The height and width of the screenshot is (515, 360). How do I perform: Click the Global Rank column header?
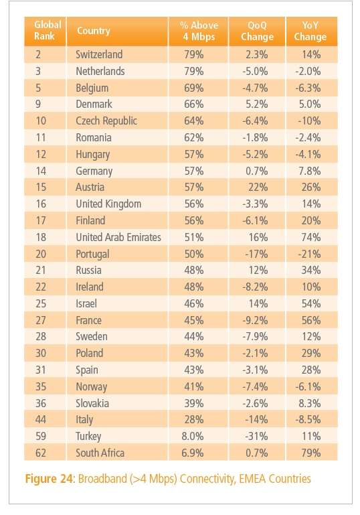pyautogui.click(x=48, y=30)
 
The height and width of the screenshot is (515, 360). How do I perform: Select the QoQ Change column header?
pyautogui.click(x=257, y=31)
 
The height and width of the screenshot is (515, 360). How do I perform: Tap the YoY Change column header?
pyautogui.click(x=310, y=31)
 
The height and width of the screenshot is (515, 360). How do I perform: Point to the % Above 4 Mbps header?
pyautogui.click(x=199, y=31)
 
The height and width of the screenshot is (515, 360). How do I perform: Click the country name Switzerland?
pyautogui.click(x=99, y=54)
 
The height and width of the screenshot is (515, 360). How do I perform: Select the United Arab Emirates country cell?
pyautogui.click(x=118, y=237)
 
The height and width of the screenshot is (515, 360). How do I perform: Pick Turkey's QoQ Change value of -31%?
pyautogui.click(x=256, y=436)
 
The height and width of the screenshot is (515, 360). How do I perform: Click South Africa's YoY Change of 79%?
pyautogui.click(x=310, y=453)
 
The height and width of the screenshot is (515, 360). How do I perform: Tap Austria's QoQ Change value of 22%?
pyautogui.click(x=258, y=188)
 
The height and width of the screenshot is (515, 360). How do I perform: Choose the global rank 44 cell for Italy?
pyautogui.click(x=41, y=419)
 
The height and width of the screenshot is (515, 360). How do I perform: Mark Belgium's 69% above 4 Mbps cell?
pyautogui.click(x=193, y=88)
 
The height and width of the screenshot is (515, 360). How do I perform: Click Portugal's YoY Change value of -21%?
pyautogui.click(x=309, y=254)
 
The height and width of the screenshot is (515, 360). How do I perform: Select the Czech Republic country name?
pyautogui.click(x=106, y=121)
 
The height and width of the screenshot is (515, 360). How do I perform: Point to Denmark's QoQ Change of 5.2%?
pyautogui.click(x=257, y=104)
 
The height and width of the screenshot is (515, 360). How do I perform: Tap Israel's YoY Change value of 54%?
pyautogui.click(x=310, y=303)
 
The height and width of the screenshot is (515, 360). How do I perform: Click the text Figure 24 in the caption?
pyautogui.click(x=50, y=479)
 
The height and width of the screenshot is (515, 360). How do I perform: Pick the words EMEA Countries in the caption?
pyautogui.click(x=274, y=479)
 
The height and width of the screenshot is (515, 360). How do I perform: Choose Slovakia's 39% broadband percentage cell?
pyautogui.click(x=193, y=403)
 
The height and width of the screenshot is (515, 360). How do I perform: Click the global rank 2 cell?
pyautogui.click(x=38, y=54)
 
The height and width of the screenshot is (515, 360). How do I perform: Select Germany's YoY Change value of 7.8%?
pyautogui.click(x=309, y=171)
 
